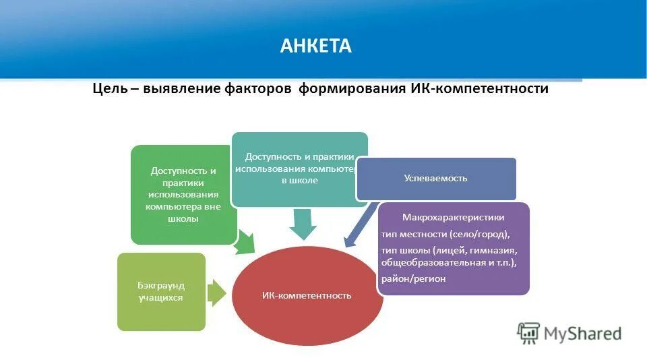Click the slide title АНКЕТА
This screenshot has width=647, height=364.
316,46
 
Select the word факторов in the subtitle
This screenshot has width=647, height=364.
259,89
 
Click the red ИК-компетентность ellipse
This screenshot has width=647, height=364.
307,295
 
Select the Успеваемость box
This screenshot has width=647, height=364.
435,179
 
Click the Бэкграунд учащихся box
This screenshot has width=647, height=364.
161,292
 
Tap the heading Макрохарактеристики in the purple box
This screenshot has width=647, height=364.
453,218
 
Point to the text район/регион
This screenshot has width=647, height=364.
413,278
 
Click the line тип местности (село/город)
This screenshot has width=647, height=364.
445,235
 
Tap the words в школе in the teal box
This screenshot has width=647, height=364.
299,181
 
